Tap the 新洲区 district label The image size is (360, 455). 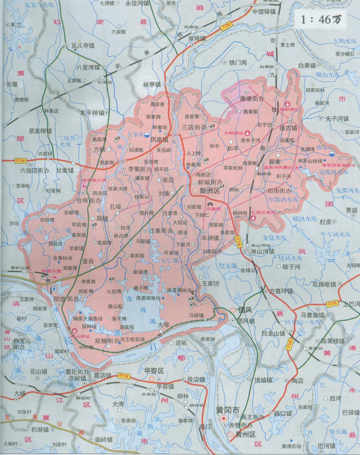click(209, 191)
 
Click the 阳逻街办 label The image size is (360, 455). click(67, 298)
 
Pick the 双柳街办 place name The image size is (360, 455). click(108, 341)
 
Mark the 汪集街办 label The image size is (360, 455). click(161, 231)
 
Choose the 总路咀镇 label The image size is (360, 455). click(324, 284)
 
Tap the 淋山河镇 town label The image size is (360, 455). click(262, 251)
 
